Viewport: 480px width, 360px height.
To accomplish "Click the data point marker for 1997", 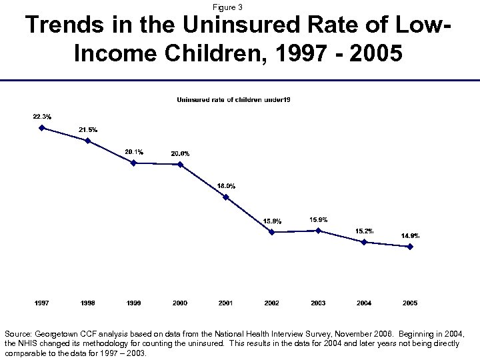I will pyautogui.click(x=42, y=128).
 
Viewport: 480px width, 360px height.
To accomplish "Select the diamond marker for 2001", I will pyautogui.click(x=226, y=197).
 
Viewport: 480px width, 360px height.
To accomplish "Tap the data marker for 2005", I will pyautogui.click(x=410, y=247).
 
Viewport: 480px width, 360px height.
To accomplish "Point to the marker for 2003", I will pyautogui.click(x=318, y=231).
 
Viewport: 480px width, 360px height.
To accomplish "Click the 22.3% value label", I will pyautogui.click(x=42, y=117).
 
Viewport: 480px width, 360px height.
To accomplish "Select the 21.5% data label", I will pyautogui.click(x=88, y=129).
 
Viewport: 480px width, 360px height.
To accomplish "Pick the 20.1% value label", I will pyautogui.click(x=134, y=152).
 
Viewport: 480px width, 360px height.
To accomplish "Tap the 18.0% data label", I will pyautogui.click(x=226, y=185).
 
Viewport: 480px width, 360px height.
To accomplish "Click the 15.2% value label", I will pyautogui.click(x=364, y=231).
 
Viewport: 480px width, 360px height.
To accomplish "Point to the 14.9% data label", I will pyautogui.click(x=410, y=235).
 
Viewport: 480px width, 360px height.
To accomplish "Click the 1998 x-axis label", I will pyautogui.click(x=88, y=303).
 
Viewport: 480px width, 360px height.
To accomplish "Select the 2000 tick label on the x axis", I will pyautogui.click(x=180, y=303).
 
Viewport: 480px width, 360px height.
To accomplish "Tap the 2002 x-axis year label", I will pyautogui.click(x=272, y=303).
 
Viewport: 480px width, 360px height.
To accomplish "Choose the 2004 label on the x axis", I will pyautogui.click(x=364, y=303).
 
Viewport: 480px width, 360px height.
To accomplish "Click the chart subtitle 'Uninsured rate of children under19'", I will pyautogui.click(x=233, y=100).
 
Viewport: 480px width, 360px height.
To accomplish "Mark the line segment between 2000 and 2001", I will pyautogui.click(x=203, y=181).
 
